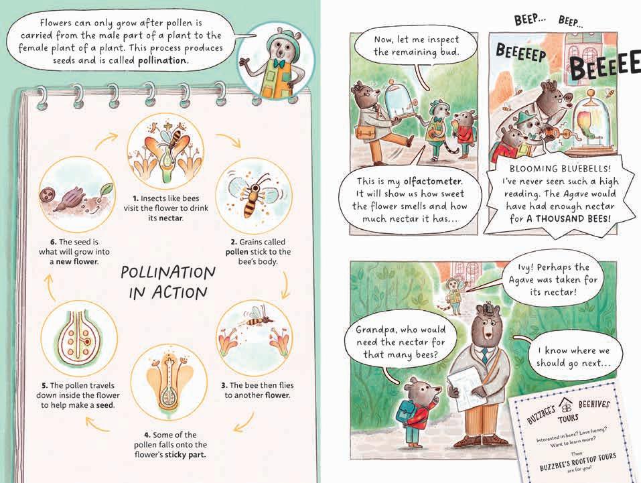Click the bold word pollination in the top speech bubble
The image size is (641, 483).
tap(161, 60)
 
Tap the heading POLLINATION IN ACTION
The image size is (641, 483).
tap(167, 282)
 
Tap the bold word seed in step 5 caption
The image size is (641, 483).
tap(104, 405)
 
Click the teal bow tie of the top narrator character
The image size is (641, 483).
tap(279, 64)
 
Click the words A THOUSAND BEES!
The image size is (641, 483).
tap(568, 219)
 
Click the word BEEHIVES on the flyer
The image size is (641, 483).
tap(593, 405)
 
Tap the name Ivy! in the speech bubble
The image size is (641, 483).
tap(524, 268)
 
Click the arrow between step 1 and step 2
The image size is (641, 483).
tap(229, 140)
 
